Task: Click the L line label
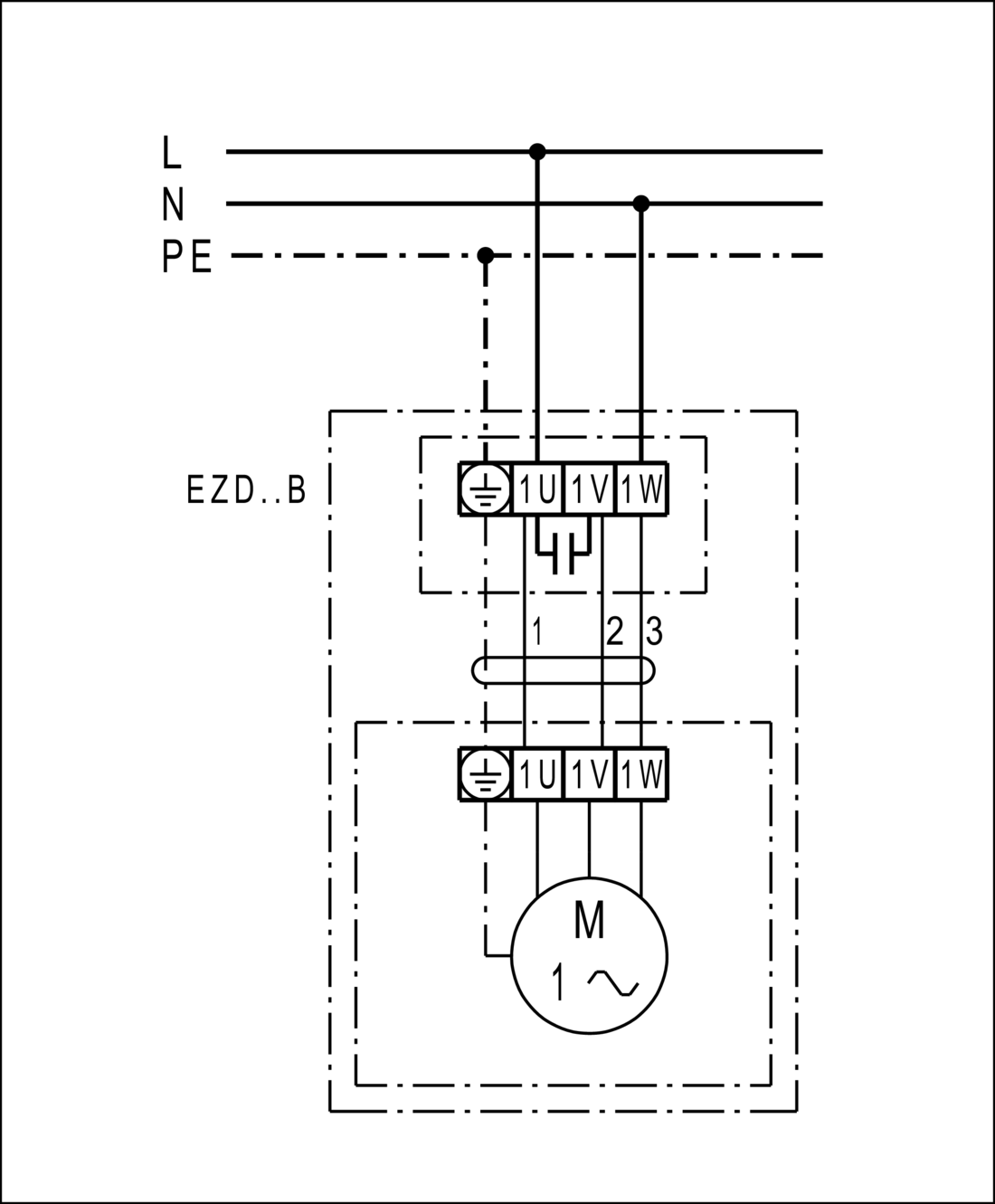pyautogui.click(x=172, y=153)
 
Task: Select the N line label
pyautogui.click(x=173, y=204)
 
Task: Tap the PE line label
pyautogui.click(x=187, y=257)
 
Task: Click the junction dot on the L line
pyautogui.click(x=537, y=151)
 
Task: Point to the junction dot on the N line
pyautogui.click(x=641, y=204)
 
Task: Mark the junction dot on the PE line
pyautogui.click(x=486, y=255)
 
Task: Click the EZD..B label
pyautogui.click(x=246, y=490)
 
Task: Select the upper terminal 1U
pyautogui.click(x=537, y=490)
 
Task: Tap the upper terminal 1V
pyautogui.click(x=589, y=490)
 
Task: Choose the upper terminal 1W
pyautogui.click(x=641, y=490)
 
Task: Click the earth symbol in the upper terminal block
pyautogui.click(x=486, y=490)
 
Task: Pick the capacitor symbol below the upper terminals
pyautogui.click(x=564, y=554)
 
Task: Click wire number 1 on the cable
pyautogui.click(x=536, y=631)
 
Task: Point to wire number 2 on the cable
pyautogui.click(x=615, y=631)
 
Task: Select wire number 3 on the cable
pyautogui.click(x=654, y=631)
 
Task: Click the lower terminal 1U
pyautogui.click(x=537, y=775)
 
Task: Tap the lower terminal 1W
pyautogui.click(x=641, y=775)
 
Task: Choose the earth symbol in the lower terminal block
pyautogui.click(x=486, y=775)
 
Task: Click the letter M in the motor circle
pyautogui.click(x=590, y=922)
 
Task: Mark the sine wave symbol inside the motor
pyautogui.click(x=612, y=981)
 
